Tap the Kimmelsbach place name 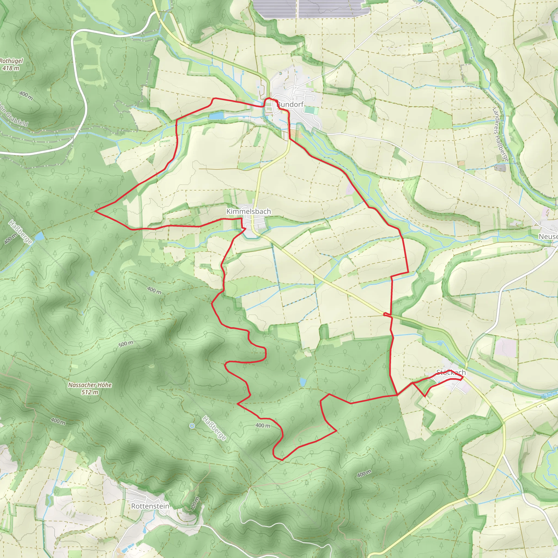pyautogui.click(x=248, y=211)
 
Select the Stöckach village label pyautogui.click(x=451, y=372)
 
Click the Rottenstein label pyautogui.click(x=150, y=506)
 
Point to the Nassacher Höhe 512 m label pyautogui.click(x=90, y=389)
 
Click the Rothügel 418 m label pyautogui.click(x=11, y=64)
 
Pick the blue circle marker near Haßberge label pyautogui.click(x=192, y=426)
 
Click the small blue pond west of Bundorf pyautogui.click(x=217, y=116)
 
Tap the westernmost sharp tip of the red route pyautogui.click(x=95, y=211)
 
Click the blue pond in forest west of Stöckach pyautogui.click(x=302, y=382)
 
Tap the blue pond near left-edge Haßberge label pyautogui.click(x=40, y=236)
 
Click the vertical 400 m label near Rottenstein pyautogui.click(x=195, y=504)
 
